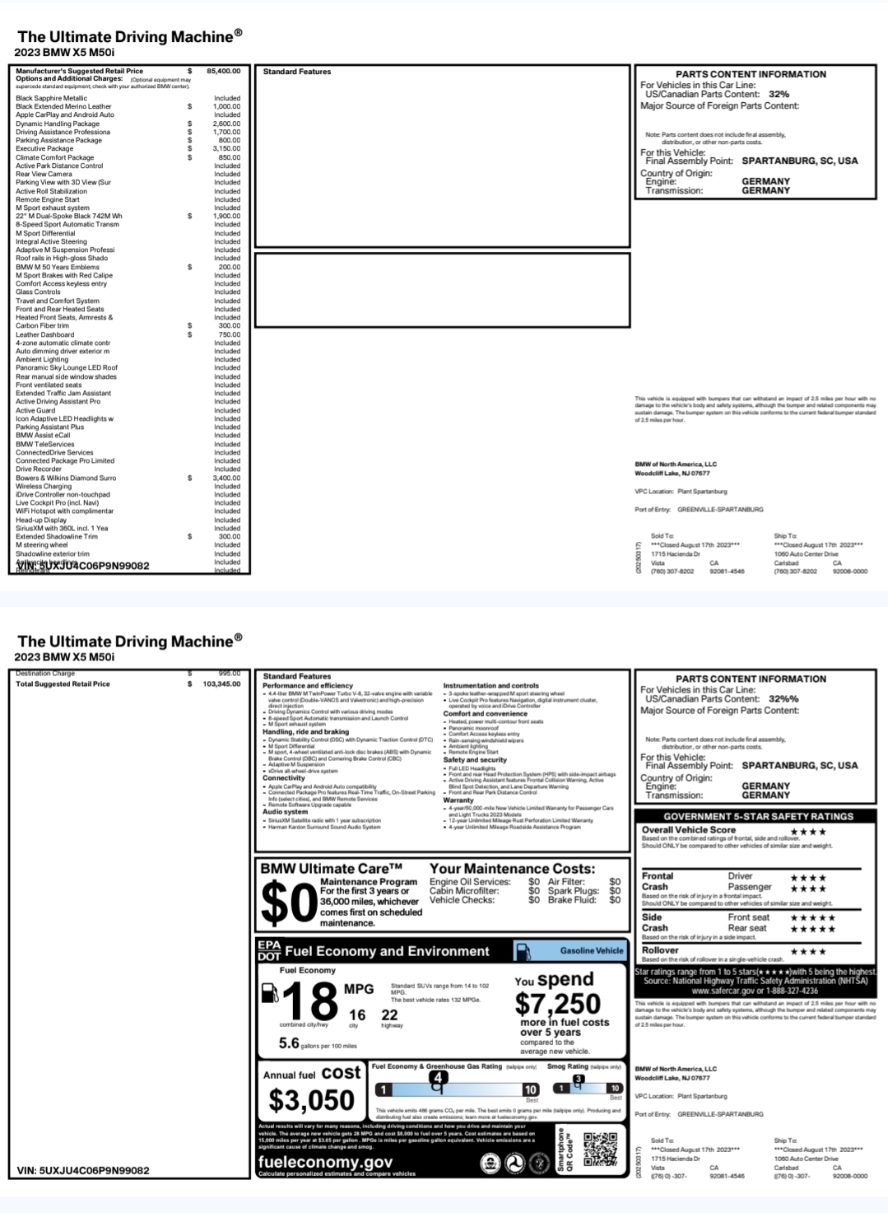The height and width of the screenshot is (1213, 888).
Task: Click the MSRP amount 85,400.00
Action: pyautogui.click(x=223, y=72)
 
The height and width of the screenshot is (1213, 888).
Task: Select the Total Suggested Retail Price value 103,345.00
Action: pyautogui.click(x=221, y=684)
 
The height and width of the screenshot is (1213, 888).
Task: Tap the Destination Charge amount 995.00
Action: pyautogui.click(x=229, y=674)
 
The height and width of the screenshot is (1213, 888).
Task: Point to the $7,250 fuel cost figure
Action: pyautogui.click(x=557, y=1004)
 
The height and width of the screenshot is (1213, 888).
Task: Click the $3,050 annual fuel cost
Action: pyautogui.click(x=311, y=1100)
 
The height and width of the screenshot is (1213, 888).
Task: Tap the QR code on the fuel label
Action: pyautogui.click(x=600, y=1150)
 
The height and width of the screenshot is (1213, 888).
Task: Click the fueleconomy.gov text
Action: pyautogui.click(x=325, y=1162)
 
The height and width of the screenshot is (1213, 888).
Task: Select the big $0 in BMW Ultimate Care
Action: pyautogui.click(x=288, y=903)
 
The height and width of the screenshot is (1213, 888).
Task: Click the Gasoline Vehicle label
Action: pyautogui.click(x=591, y=950)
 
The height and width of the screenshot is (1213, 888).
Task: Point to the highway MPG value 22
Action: pyautogui.click(x=389, y=1015)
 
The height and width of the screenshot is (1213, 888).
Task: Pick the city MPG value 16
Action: pyautogui.click(x=356, y=1015)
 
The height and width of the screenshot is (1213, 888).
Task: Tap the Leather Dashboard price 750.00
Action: pyautogui.click(x=229, y=334)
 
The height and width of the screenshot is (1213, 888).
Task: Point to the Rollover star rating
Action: pyautogui.click(x=807, y=952)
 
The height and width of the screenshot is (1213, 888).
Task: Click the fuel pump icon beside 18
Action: pyautogui.click(x=269, y=994)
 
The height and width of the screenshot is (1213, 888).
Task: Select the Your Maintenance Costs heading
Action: pyautogui.click(x=512, y=869)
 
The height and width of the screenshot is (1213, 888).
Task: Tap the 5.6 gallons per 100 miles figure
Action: pyautogui.click(x=289, y=1043)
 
